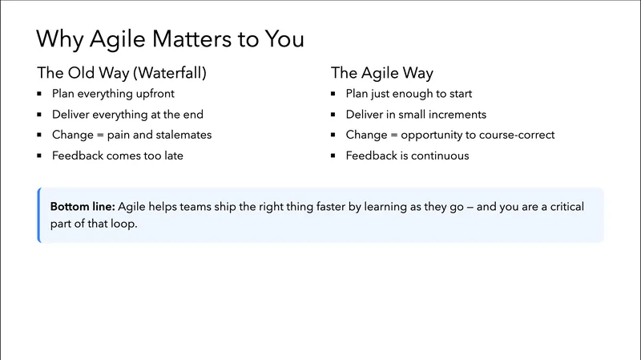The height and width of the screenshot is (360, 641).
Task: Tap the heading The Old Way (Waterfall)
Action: tap(122, 73)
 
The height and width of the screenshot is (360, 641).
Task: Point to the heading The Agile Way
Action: tap(382, 73)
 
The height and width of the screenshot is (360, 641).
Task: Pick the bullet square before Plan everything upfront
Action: tap(41, 94)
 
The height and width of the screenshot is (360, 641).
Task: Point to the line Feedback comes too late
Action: tap(118, 156)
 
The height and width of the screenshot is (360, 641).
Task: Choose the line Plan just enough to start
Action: tap(409, 94)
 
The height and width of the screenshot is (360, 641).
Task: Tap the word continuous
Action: tap(440, 156)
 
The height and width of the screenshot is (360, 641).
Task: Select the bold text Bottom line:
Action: tap(83, 207)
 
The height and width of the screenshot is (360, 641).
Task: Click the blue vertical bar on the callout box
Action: tap(38, 215)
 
